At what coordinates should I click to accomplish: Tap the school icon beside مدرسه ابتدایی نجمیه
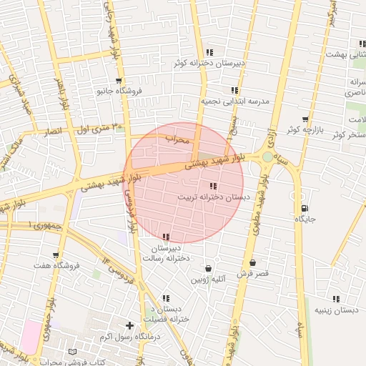pos(234,90)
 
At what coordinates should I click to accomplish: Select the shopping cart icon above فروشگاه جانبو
pos(119,81)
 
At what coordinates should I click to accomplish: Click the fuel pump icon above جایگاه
pos(305,209)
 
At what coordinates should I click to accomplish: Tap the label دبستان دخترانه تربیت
pos(214,196)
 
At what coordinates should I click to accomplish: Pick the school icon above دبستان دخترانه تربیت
pos(214,186)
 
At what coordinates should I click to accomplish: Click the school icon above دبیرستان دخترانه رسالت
pos(167,237)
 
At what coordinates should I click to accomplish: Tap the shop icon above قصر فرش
pos(253,263)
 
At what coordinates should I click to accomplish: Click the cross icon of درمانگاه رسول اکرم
pos(129,325)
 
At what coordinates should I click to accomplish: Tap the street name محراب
pos(178,139)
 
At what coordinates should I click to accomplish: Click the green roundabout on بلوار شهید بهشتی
pos(267,157)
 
